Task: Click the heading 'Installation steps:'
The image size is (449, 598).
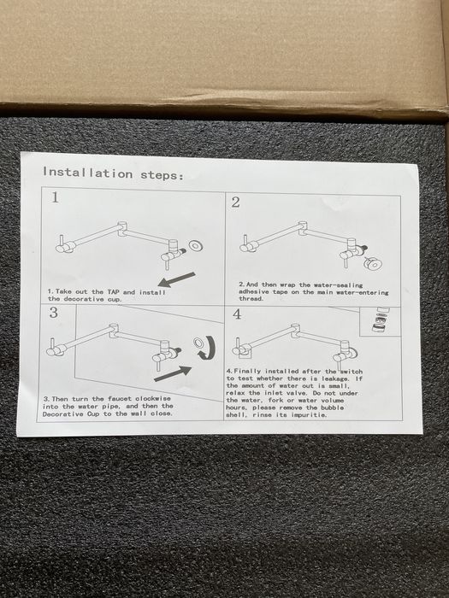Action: (113, 173)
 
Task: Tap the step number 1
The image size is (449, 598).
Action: (56, 197)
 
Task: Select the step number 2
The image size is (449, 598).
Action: (235, 202)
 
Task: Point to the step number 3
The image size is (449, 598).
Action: (53, 313)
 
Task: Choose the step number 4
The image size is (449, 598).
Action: (237, 314)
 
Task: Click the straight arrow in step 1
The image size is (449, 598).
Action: (176, 280)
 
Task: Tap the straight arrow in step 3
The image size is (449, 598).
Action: (173, 373)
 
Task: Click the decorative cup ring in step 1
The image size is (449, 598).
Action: (196, 246)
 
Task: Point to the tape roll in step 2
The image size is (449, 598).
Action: (372, 263)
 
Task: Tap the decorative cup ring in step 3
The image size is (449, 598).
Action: (198, 342)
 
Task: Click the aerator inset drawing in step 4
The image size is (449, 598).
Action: (381, 320)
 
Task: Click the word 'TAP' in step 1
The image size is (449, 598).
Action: (113, 292)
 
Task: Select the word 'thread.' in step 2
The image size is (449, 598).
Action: (251, 299)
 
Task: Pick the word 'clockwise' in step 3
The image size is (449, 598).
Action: (153, 399)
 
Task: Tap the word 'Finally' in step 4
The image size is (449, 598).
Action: (248, 371)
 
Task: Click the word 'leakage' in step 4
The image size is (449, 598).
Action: (335, 378)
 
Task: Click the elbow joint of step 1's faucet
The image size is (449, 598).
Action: (123, 228)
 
